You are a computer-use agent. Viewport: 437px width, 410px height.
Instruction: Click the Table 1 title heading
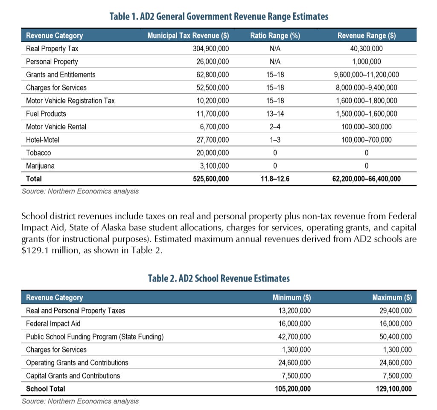click(219, 17)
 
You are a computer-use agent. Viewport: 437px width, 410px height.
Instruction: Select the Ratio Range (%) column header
click(275, 36)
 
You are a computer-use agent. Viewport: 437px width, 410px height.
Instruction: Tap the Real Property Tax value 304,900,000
click(211, 49)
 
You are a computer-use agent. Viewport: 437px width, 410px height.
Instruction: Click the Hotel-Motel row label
click(42, 140)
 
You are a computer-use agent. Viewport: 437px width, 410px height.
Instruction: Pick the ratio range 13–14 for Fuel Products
click(275, 114)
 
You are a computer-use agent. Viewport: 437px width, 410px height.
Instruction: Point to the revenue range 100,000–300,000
click(367, 127)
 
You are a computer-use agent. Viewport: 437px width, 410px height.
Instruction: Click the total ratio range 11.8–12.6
click(275, 179)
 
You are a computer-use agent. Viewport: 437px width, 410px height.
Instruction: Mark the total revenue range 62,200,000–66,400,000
click(367, 179)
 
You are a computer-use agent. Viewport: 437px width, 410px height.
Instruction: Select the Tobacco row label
click(38, 153)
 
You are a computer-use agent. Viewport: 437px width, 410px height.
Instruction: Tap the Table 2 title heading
click(219, 279)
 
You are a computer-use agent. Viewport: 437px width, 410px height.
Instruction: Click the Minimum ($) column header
click(291, 297)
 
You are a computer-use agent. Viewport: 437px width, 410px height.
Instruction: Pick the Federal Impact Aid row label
click(53, 324)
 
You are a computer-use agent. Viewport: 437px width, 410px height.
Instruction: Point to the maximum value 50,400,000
click(396, 337)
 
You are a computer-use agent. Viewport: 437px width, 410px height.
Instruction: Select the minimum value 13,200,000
click(294, 311)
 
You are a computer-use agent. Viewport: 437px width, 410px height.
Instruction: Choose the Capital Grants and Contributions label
click(73, 376)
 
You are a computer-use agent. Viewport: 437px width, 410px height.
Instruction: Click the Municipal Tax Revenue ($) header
click(188, 36)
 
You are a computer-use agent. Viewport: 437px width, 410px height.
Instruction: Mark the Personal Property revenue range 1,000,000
click(367, 62)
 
